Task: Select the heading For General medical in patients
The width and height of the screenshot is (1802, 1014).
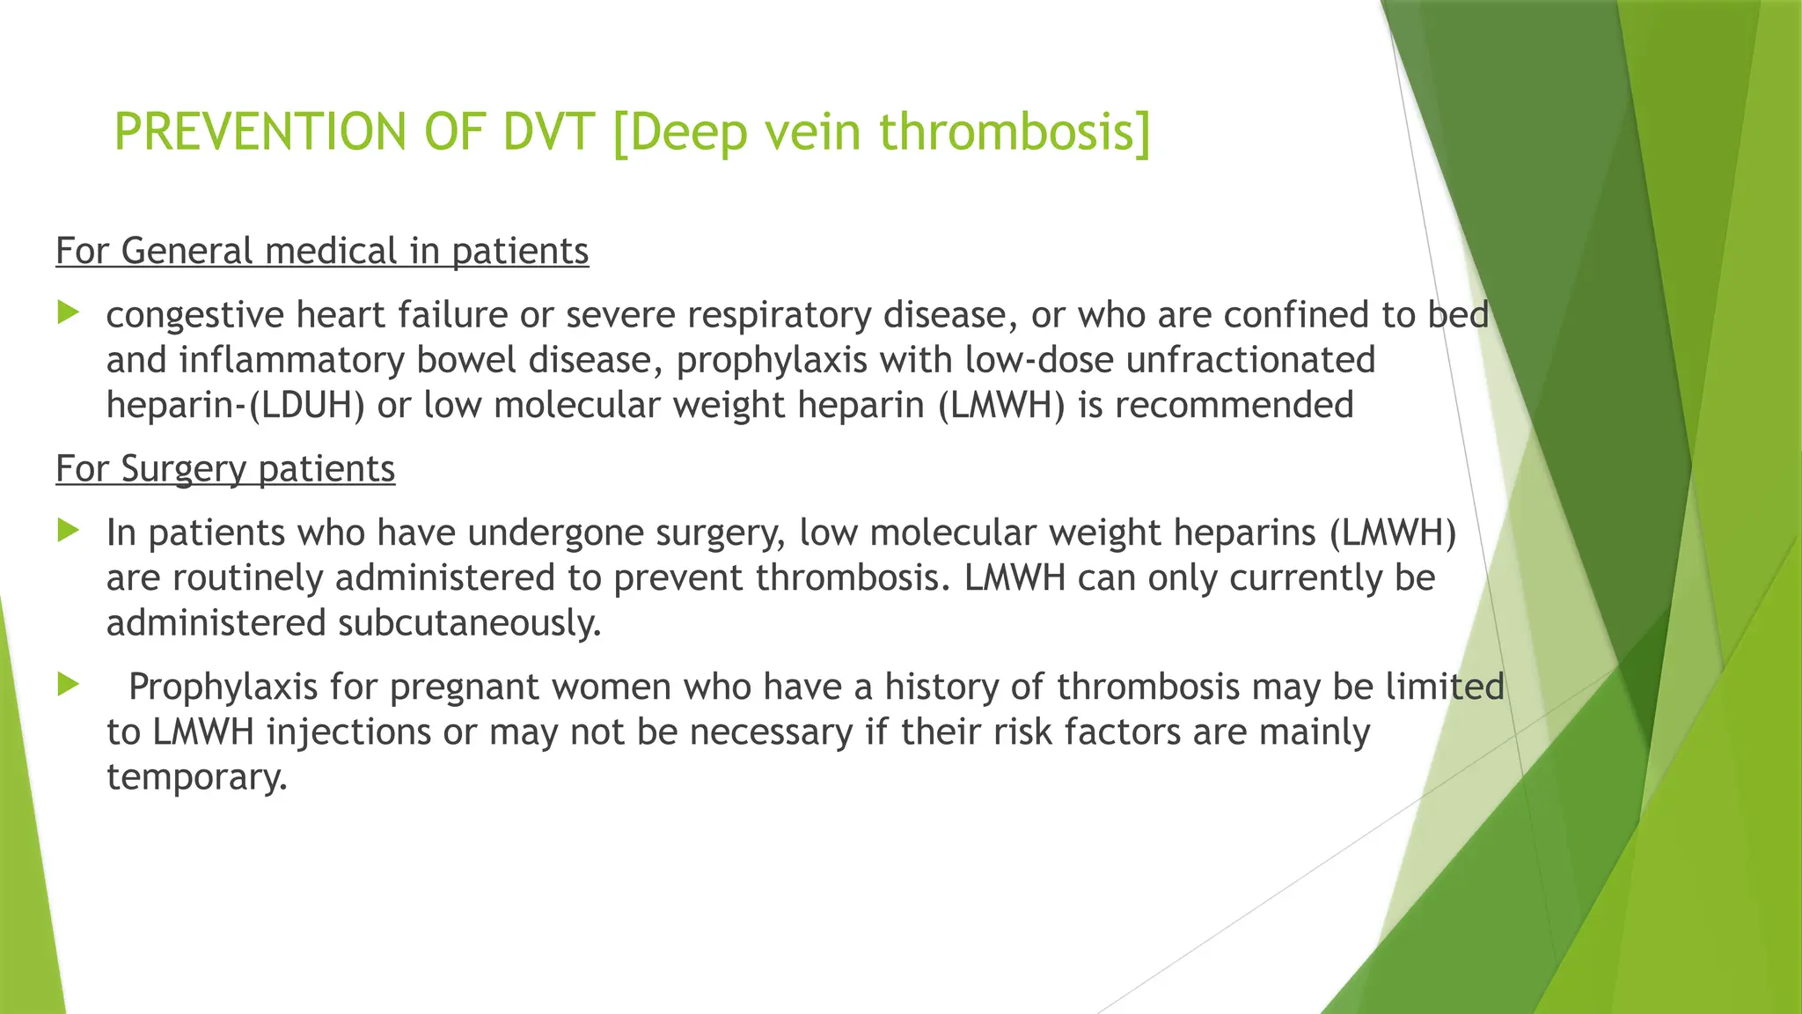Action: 322,251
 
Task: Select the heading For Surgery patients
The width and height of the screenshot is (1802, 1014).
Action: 225,468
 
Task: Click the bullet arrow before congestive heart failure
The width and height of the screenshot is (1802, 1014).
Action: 69,312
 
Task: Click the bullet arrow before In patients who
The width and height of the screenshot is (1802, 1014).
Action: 69,530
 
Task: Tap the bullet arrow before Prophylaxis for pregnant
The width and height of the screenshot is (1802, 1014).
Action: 69,684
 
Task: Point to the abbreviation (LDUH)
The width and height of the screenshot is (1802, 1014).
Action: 306,405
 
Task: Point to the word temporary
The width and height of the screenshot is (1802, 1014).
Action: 196,777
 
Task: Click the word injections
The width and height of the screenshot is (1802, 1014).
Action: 348,732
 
